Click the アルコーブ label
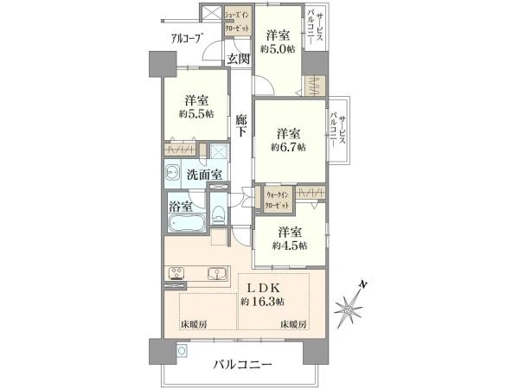(x=187, y=38)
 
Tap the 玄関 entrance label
(x=239, y=59)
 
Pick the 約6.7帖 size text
(x=288, y=147)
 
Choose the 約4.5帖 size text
(x=289, y=245)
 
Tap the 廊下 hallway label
(x=242, y=125)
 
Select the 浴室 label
(x=180, y=207)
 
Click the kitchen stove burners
(x=176, y=276)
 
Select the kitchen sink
(x=211, y=276)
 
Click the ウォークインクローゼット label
(x=277, y=195)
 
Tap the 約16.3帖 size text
(x=265, y=301)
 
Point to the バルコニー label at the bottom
(x=243, y=364)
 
